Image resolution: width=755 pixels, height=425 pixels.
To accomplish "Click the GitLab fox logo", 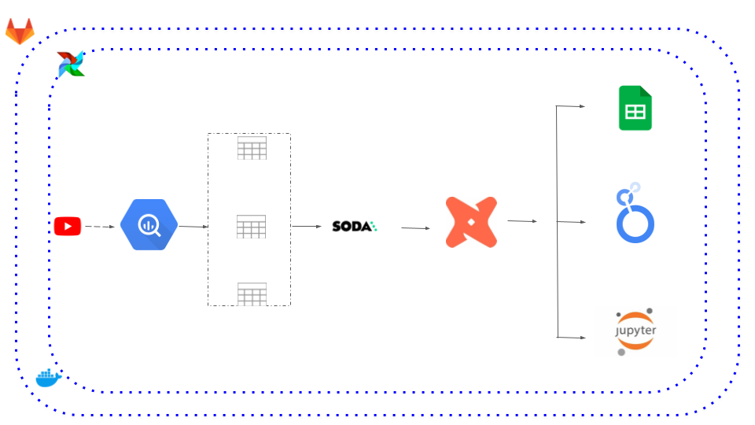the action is [20, 31].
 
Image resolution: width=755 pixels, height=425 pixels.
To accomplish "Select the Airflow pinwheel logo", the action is [71, 64].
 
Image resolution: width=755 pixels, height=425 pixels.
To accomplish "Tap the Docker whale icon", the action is [49, 378].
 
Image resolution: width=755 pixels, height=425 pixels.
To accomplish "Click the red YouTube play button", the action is [68, 226].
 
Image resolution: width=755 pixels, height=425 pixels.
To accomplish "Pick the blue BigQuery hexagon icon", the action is [149, 224].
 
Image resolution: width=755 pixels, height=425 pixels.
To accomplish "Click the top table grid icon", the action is [252, 148].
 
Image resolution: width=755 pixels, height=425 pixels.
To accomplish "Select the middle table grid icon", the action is [252, 227].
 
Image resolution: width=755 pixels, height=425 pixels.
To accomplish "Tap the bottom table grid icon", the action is [252, 294].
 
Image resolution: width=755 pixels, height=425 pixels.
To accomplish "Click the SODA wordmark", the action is [355, 226].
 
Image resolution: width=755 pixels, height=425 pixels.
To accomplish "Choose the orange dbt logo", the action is [471, 222].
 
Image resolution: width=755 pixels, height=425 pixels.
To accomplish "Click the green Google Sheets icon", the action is [635, 108].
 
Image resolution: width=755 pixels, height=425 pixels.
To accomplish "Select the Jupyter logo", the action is [635, 331].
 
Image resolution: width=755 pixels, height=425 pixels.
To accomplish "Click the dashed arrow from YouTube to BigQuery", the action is [100, 227].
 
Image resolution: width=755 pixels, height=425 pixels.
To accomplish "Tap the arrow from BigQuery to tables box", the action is [193, 227].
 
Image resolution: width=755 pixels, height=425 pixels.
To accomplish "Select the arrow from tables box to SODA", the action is [306, 226].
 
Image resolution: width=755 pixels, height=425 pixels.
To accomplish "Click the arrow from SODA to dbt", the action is [415, 228].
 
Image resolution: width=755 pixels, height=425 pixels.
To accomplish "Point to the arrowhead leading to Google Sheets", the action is [582, 106].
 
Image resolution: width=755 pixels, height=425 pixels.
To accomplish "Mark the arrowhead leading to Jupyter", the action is [583, 338].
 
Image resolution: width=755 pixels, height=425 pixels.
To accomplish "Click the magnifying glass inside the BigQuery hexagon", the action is [149, 225].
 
